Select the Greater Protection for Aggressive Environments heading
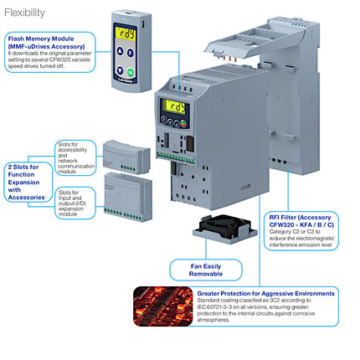[265, 294]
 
